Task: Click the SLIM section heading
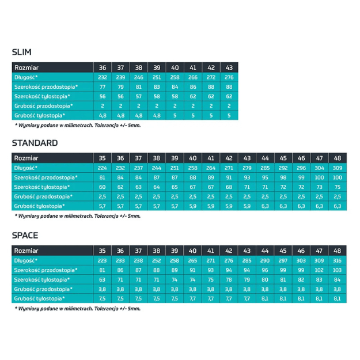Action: (22, 52)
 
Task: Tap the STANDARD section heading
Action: (35, 143)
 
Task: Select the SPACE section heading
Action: (25, 236)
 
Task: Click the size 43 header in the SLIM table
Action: (229, 67)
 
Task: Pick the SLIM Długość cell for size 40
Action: (175, 77)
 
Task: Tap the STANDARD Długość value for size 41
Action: (211, 167)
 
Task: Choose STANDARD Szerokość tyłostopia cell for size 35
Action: (103, 187)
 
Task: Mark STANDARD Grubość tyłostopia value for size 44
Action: (265, 206)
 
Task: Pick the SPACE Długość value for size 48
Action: (337, 260)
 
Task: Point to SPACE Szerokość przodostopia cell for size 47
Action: (319, 270)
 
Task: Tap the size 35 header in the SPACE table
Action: (103, 251)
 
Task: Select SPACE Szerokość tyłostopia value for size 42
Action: (229, 279)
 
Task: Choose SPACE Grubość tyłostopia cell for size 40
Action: (193, 298)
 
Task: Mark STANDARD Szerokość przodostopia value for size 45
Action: (283, 177)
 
